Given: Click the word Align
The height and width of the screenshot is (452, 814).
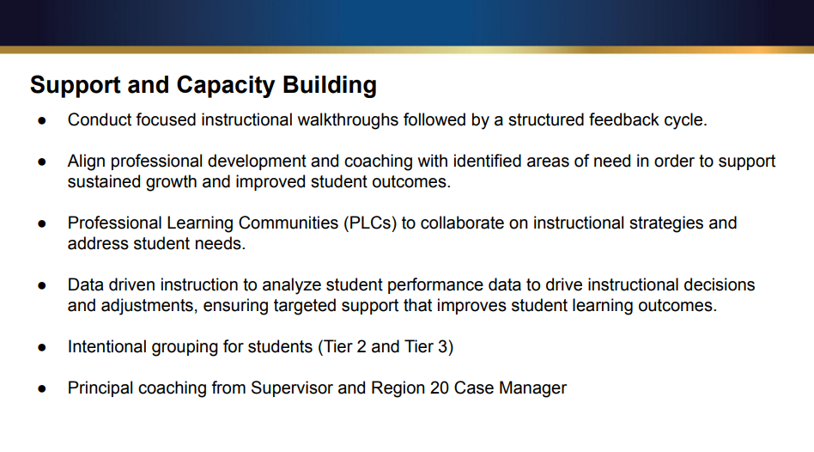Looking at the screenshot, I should (x=86, y=162).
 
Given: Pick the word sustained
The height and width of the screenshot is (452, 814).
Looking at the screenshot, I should (x=105, y=182).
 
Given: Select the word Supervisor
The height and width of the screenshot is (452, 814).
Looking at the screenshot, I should (x=292, y=388).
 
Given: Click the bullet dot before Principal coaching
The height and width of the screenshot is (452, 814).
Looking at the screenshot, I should (x=41, y=388).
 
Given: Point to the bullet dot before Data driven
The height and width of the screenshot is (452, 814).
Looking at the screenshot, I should (x=41, y=285).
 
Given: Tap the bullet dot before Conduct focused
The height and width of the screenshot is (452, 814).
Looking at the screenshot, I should (x=41, y=120).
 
